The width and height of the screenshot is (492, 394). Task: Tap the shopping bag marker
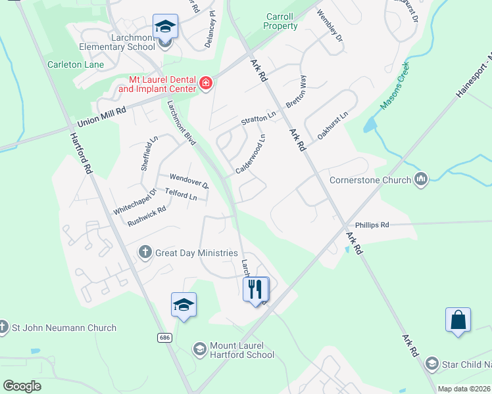click(x=458, y=320)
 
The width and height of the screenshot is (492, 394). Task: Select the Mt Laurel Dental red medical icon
click(x=205, y=83)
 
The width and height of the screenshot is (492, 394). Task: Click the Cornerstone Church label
click(x=371, y=179)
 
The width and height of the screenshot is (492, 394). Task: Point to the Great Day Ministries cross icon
click(x=145, y=252)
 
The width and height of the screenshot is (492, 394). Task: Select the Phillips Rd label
click(x=372, y=225)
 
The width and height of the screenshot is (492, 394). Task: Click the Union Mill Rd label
click(x=101, y=118)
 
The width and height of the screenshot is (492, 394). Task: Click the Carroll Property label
click(x=280, y=22)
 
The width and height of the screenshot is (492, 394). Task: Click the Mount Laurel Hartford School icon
click(x=199, y=348)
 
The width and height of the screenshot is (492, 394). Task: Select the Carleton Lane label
click(x=75, y=64)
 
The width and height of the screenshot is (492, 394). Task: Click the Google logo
click(x=22, y=386)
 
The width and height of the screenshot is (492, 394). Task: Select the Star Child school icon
click(x=431, y=363)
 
